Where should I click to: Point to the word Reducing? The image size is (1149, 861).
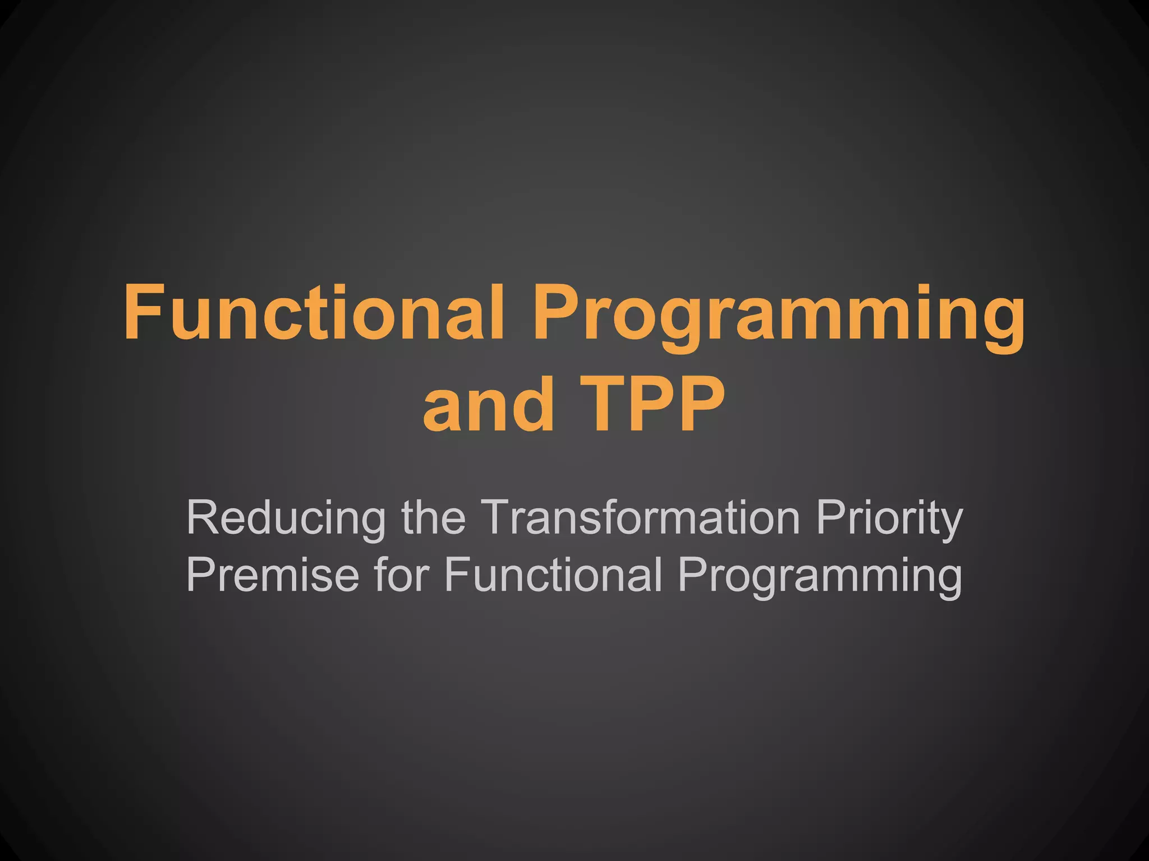click(286, 518)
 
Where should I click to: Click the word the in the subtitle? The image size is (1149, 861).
click(433, 518)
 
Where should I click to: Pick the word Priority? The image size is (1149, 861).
click(889, 519)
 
